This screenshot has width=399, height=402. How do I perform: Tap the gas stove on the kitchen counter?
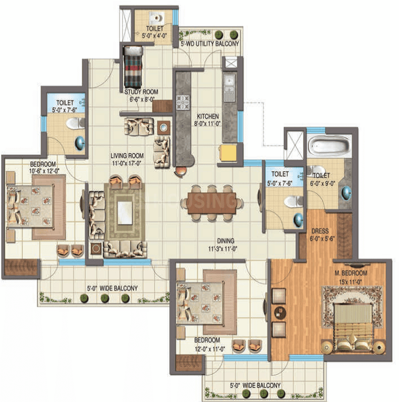click(x=183, y=102)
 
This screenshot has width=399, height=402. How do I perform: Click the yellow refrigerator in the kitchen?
click(x=227, y=153)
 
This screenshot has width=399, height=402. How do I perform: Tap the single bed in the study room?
click(x=133, y=67)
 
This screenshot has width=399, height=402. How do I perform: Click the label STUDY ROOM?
click(x=141, y=92)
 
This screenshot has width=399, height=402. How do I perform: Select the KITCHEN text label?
click(x=208, y=116)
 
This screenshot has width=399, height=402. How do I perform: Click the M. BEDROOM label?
click(x=351, y=274)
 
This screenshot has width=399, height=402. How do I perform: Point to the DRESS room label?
click(x=320, y=231)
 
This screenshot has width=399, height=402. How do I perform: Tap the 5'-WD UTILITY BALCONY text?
click(x=210, y=44)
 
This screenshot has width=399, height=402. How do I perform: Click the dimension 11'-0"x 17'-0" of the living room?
click(x=126, y=163)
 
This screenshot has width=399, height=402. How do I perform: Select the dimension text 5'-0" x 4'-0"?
click(x=154, y=36)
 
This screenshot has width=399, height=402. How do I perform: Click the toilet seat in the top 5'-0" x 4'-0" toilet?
click(x=157, y=18)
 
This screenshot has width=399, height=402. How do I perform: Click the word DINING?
click(x=226, y=241)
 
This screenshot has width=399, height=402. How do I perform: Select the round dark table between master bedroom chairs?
click(x=280, y=313)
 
